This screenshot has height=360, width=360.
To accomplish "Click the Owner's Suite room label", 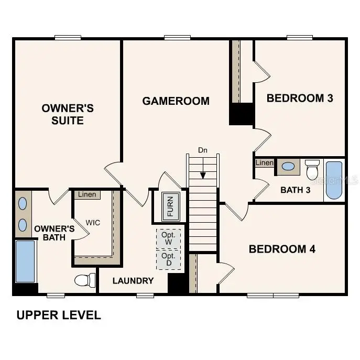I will tap(68, 114).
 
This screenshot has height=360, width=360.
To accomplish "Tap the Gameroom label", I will tap(176, 101).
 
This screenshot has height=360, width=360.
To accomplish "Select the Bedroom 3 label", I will tap(300, 98).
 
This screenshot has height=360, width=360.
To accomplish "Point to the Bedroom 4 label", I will tap(282, 249).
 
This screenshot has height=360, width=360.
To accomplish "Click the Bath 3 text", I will tap(296, 190).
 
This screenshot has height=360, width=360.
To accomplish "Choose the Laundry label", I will tap(133, 281).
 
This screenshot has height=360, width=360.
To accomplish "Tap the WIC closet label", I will tap(93, 222).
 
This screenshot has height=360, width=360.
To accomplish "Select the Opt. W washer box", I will tap(168, 238).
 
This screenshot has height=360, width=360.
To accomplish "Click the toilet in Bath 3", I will tap(312, 169).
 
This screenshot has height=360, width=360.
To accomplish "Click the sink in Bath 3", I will tap(288, 167).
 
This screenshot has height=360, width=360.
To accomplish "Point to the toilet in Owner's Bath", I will tap(83, 280).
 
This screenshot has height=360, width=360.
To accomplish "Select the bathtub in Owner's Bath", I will tap(25, 261).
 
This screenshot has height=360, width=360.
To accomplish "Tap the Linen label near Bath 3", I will tap(265, 163).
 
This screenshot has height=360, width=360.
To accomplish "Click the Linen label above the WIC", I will tap(87, 195).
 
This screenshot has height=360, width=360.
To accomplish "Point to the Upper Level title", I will tap(58, 315).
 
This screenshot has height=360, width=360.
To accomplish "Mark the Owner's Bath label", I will tap(54, 233).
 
